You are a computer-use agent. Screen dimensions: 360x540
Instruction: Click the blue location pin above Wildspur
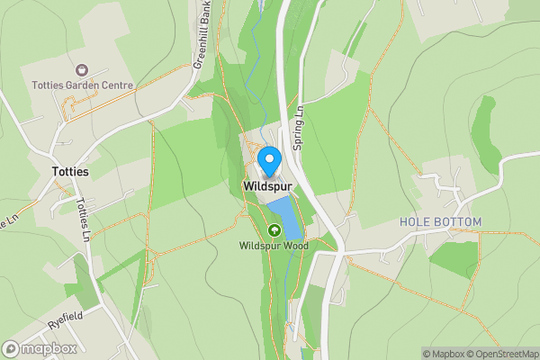click(268, 162)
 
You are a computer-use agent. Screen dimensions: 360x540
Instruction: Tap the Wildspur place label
click(268, 186)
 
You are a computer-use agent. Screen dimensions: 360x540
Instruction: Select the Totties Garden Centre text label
click(82, 85)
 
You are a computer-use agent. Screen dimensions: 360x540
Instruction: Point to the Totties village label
click(70, 171)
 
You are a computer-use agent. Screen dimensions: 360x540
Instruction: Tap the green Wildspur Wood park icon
click(274, 230)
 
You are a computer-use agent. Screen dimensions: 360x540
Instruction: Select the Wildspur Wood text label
click(274, 246)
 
